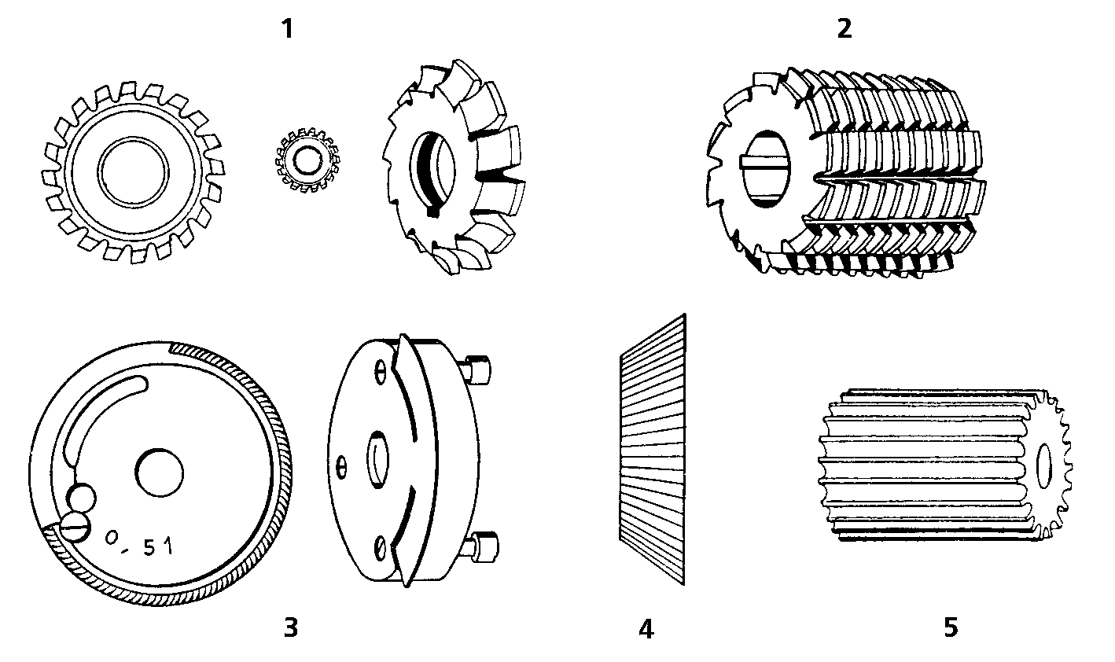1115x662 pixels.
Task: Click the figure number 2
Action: [845, 29]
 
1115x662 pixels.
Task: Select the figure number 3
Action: [290, 627]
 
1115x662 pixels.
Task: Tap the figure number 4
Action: [646, 629]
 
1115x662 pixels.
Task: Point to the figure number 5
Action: [951, 627]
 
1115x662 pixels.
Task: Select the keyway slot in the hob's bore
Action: [765, 164]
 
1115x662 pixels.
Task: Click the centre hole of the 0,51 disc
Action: [160, 473]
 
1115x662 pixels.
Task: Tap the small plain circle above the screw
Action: [82, 498]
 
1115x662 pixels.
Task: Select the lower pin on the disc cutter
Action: [481, 546]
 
